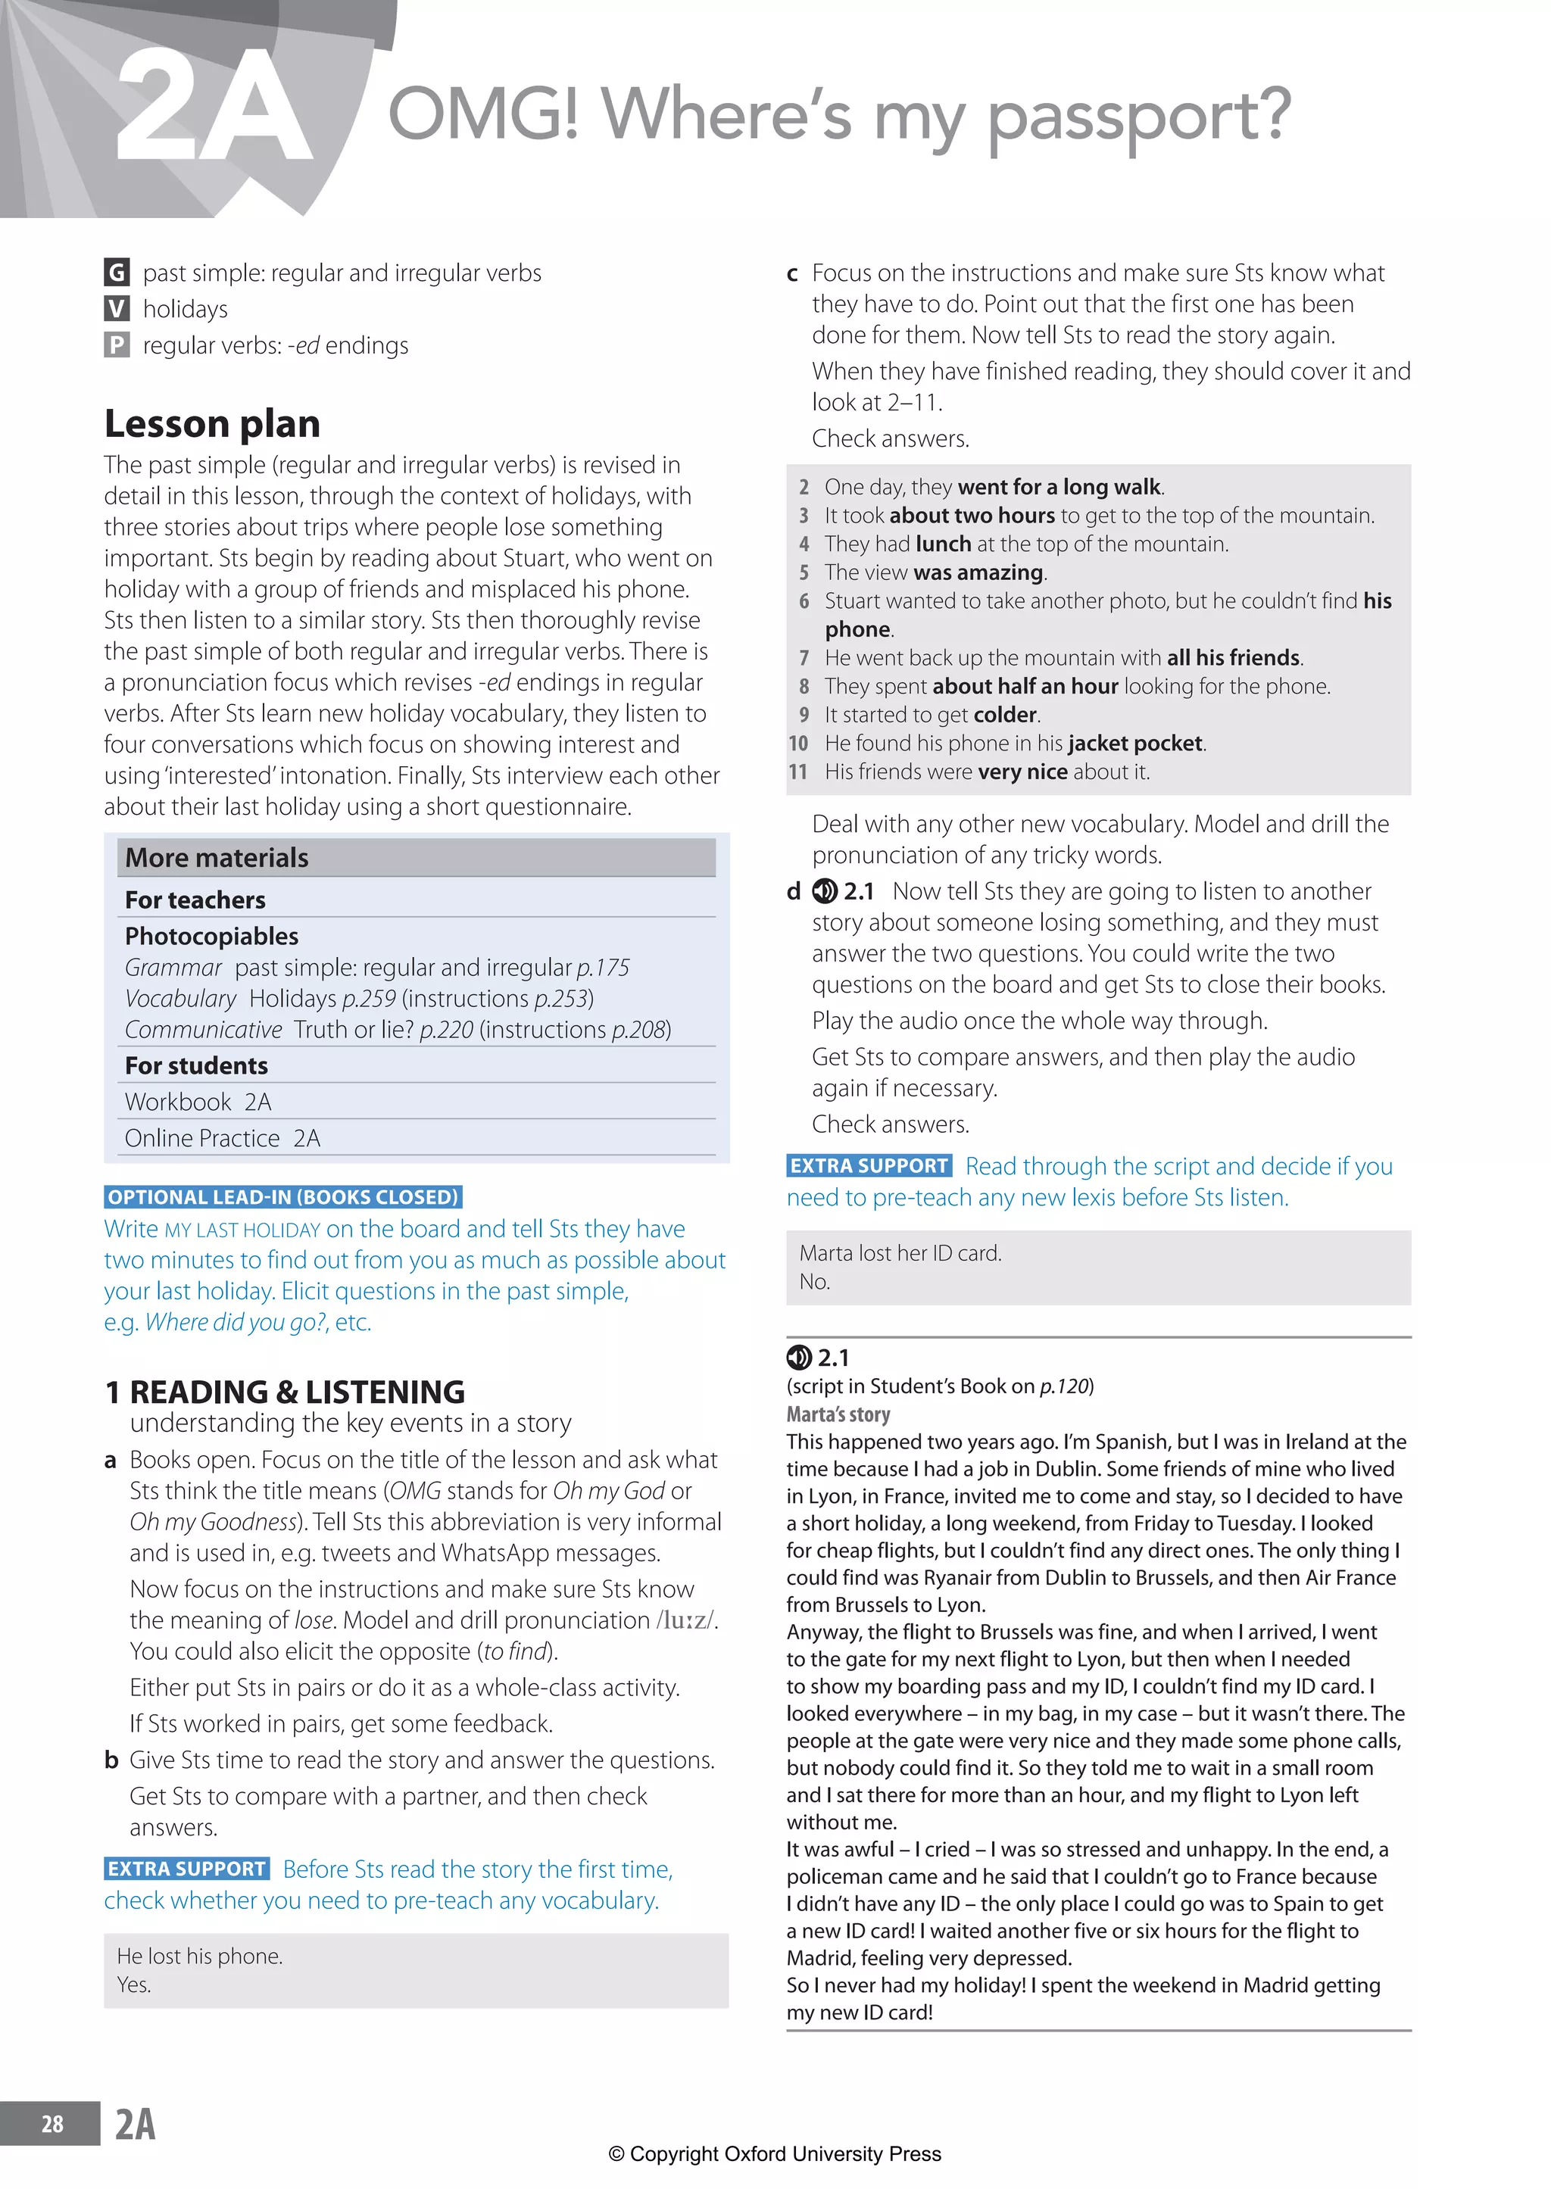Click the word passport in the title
tap(1138, 117)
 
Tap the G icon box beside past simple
tap(116, 273)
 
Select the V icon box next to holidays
tap(116, 308)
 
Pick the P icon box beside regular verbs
tap(116, 345)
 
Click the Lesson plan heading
tap(212, 423)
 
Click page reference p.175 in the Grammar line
tap(603, 968)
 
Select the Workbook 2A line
tap(198, 1102)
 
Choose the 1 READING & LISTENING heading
tap(285, 1392)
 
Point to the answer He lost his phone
tap(200, 1956)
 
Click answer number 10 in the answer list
tap(797, 744)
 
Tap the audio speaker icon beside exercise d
tap(823, 892)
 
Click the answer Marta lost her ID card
tap(900, 1253)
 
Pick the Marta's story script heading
tap(838, 1414)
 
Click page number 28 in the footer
tap(52, 2123)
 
